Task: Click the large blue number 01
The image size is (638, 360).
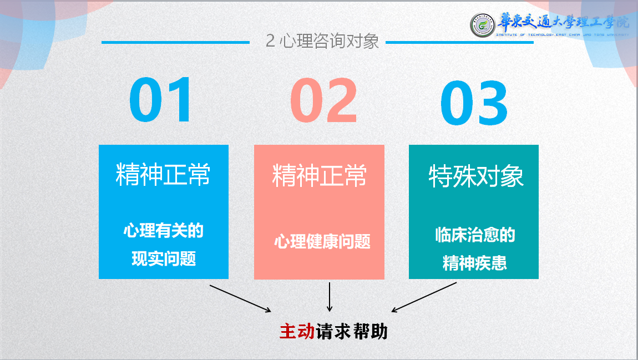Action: pos(161,101)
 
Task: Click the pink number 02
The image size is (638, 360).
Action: pos(323,101)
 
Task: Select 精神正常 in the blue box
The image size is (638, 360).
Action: pos(163,175)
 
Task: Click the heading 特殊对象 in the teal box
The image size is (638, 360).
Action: pos(476,176)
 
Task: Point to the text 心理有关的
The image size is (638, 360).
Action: pos(164,231)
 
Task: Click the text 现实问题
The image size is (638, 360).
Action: pos(164,258)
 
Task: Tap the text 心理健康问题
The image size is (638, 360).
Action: pos(322,241)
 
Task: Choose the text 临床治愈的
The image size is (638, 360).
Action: pos(475,235)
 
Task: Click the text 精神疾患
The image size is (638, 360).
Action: pos(475,263)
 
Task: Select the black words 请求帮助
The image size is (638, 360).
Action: pos(352,331)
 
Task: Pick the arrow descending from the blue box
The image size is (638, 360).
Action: pos(240,298)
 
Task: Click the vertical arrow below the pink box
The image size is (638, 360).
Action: pos(330,297)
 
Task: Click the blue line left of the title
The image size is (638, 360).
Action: pos(175,42)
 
